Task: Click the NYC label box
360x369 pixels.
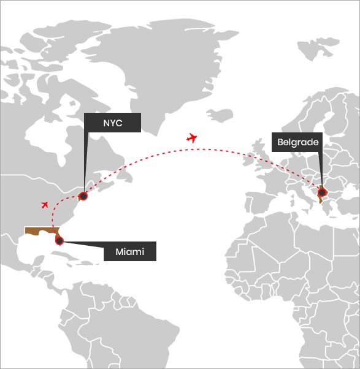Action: pyautogui.click(x=113, y=123)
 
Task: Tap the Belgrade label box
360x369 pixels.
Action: pyautogui.click(x=297, y=142)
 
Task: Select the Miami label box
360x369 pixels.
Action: pyautogui.click(x=130, y=251)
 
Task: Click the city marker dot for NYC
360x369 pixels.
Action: pyautogui.click(x=83, y=196)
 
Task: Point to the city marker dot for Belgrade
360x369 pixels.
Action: pyautogui.click(x=321, y=192)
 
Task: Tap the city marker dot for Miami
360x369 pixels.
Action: pyautogui.click(x=59, y=241)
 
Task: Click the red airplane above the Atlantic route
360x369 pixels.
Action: pyautogui.click(x=192, y=138)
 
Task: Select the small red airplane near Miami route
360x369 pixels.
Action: pyautogui.click(x=45, y=205)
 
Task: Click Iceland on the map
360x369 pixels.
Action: pyautogui.click(x=220, y=115)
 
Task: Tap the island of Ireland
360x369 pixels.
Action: pyautogui.click(x=248, y=159)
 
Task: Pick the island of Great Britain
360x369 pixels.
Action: pyautogui.click(x=262, y=153)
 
